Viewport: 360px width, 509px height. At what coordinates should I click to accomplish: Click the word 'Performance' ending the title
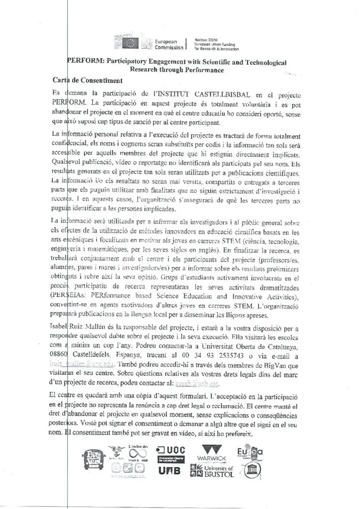[x=197, y=70]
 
